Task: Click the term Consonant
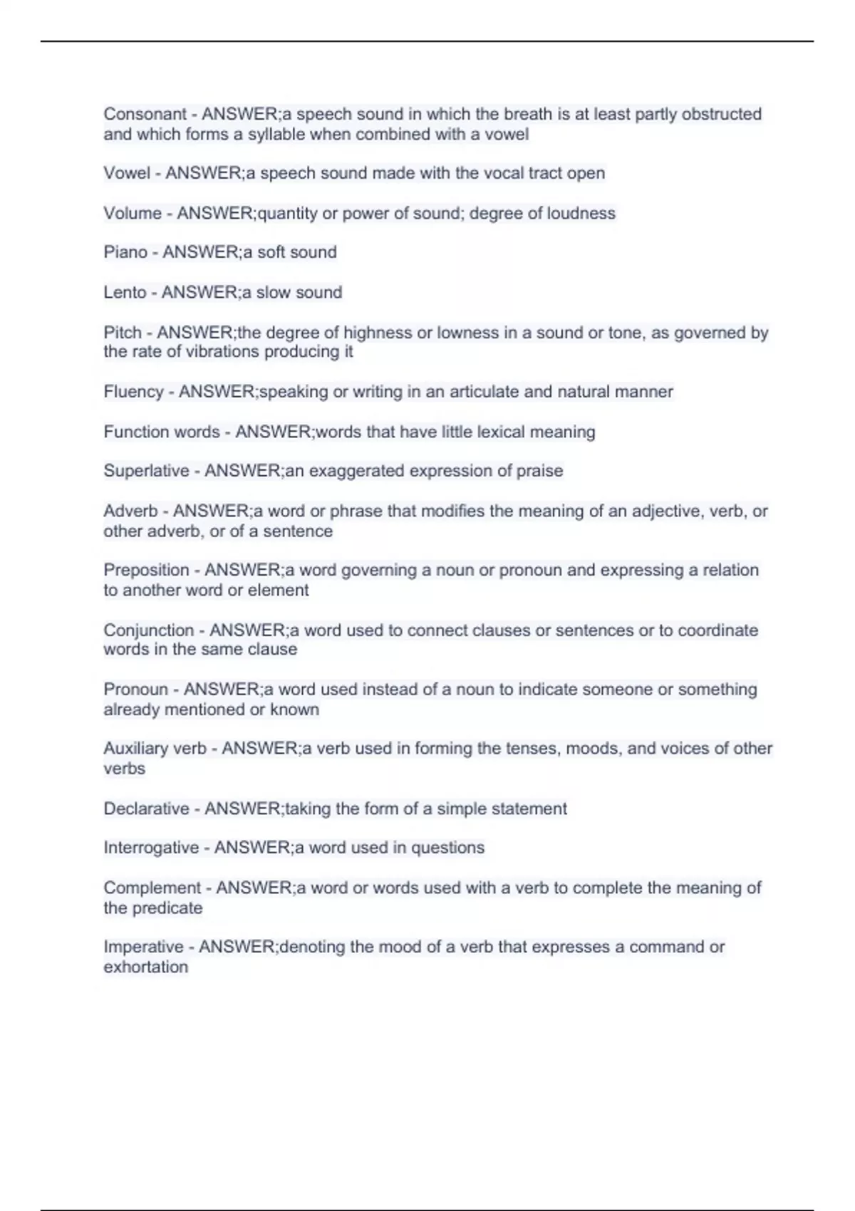145,114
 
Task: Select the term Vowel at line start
127,173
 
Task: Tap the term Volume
133,213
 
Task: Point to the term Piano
125,252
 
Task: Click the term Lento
125,292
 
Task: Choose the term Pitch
123,333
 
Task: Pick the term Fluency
133,392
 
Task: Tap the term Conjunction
148,630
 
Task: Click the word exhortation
146,967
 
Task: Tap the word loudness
581,213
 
